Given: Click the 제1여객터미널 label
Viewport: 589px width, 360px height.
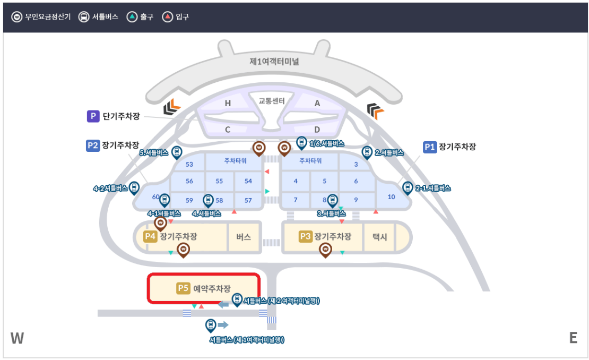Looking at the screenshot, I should coord(274,62).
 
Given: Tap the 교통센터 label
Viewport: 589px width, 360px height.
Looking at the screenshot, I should coord(272,101).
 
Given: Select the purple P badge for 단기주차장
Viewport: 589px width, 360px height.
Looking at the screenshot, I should coord(93,116).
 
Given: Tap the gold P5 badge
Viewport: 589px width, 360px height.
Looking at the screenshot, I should coord(183,288).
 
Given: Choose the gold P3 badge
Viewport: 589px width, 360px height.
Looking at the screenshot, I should coord(305,236).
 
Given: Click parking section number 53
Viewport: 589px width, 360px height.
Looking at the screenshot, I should coord(189,165).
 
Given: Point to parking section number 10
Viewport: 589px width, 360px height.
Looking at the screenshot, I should coord(392,197).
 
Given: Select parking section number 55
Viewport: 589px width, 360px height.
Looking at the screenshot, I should coord(219,181).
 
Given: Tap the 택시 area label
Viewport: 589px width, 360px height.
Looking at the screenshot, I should coord(379,237).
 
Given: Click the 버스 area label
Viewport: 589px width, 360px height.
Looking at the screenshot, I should coord(244,237).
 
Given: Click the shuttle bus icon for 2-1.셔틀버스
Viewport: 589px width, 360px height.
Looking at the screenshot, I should coord(408,187).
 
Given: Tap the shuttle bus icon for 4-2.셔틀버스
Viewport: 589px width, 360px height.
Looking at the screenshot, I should coord(134,187).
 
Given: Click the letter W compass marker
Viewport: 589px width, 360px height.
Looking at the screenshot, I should coord(17,338).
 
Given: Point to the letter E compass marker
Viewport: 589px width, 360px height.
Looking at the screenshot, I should coord(573,338).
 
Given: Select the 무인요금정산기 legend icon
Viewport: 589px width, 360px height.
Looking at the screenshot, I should coord(16,16).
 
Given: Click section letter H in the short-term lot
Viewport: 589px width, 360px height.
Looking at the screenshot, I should coord(228,104).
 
